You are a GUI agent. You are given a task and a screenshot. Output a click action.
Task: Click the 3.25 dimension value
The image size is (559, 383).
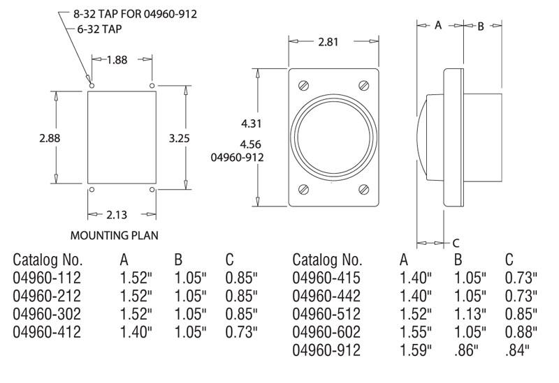click(x=180, y=137)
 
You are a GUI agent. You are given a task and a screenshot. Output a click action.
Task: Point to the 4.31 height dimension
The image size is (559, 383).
click(x=252, y=123)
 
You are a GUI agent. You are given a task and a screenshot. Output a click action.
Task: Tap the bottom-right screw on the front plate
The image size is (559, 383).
click(x=364, y=189)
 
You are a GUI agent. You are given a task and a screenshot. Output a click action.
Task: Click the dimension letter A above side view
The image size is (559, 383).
click(x=438, y=25)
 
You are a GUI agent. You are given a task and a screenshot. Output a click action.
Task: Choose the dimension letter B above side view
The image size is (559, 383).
click(x=481, y=26)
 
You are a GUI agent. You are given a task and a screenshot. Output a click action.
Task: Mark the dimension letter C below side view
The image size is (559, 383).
click(x=456, y=243)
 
